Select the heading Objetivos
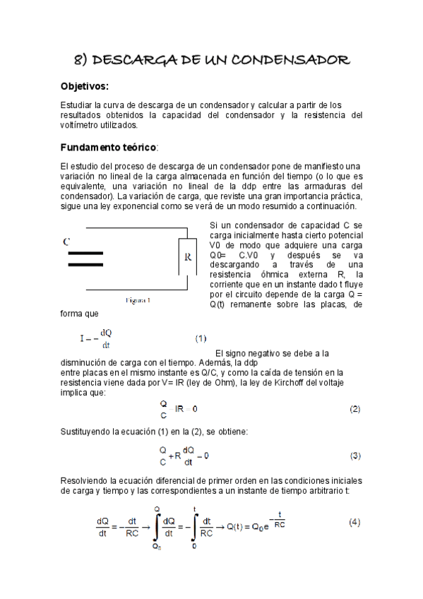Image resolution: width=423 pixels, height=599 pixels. click(x=85, y=86)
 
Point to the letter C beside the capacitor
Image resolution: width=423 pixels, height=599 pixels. click(x=66, y=242)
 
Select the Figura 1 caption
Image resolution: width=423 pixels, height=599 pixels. click(x=138, y=300)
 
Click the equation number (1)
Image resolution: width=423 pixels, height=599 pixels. click(x=201, y=338)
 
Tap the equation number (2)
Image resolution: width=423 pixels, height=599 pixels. click(x=355, y=409)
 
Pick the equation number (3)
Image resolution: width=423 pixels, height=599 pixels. click(x=355, y=455)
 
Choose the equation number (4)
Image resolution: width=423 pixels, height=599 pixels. click(x=355, y=523)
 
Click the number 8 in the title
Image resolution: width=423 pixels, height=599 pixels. click(x=79, y=61)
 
